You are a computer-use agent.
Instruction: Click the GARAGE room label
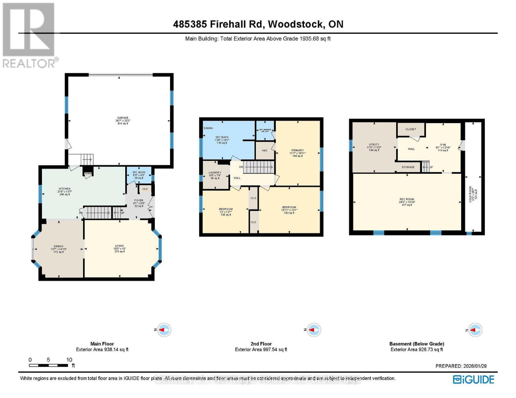pyautogui.click(x=123, y=118)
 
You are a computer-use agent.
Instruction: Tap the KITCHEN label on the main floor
pyautogui.click(x=64, y=189)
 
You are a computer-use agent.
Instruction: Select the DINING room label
pyautogui.click(x=58, y=246)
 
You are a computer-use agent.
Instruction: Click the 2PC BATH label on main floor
pyautogui.click(x=139, y=172)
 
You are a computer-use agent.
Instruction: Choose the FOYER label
pyautogui.click(x=139, y=200)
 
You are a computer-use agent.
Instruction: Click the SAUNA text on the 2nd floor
pyautogui.click(x=208, y=128)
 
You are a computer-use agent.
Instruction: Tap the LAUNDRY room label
pyautogui.click(x=215, y=172)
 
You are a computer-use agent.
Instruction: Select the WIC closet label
pyautogui.click(x=264, y=151)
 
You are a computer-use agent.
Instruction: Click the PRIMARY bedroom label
pyautogui.click(x=297, y=150)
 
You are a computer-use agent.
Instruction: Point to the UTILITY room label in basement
pyautogui.click(x=374, y=145)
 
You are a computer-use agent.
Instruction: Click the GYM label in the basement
pyautogui.click(x=443, y=145)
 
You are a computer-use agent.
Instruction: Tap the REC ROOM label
pyautogui.click(x=407, y=199)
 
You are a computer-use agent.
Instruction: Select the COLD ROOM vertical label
pyautogui.click(x=470, y=194)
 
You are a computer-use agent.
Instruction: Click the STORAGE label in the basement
pyautogui.click(x=408, y=167)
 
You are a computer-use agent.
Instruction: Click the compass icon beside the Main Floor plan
pyautogui.click(x=163, y=330)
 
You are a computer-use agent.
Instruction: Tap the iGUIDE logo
pyautogui.click(x=473, y=379)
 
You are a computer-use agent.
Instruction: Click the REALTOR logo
pyautogui.click(x=29, y=35)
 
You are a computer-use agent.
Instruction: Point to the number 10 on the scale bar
pyautogui.click(x=69, y=360)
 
